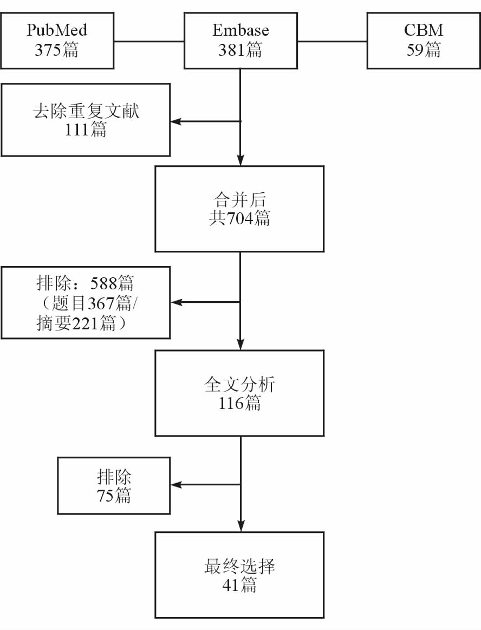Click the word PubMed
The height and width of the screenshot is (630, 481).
pyautogui.click(x=57, y=30)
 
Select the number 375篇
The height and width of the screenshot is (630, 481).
pyautogui.click(x=57, y=50)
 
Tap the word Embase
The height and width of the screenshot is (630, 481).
pyautogui.click(x=240, y=30)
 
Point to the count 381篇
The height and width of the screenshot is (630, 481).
pyautogui.click(x=240, y=50)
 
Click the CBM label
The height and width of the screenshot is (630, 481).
pyautogui.click(x=424, y=30)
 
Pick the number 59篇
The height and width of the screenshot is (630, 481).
pyautogui.click(x=424, y=50)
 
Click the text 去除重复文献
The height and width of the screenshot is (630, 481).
pyautogui.click(x=86, y=111)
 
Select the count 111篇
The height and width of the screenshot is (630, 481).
pyautogui.click(x=86, y=130)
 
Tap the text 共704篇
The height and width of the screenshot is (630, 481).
pyautogui.click(x=239, y=219)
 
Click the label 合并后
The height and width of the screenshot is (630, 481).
pyautogui.click(x=239, y=200)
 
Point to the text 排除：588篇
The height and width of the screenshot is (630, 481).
pyautogui.click(x=86, y=283)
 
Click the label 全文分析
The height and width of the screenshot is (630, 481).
pyautogui.click(x=239, y=385)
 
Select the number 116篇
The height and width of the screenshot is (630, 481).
pyautogui.click(x=239, y=404)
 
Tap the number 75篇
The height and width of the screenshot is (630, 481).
pyautogui.click(x=114, y=496)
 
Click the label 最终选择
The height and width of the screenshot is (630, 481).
pyautogui.click(x=239, y=567)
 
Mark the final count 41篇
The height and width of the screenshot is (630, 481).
pyautogui.click(x=239, y=586)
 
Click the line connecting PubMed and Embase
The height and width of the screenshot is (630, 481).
pyautogui.click(x=149, y=41)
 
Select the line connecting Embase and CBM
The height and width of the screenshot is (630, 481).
pyautogui.click(x=332, y=41)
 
